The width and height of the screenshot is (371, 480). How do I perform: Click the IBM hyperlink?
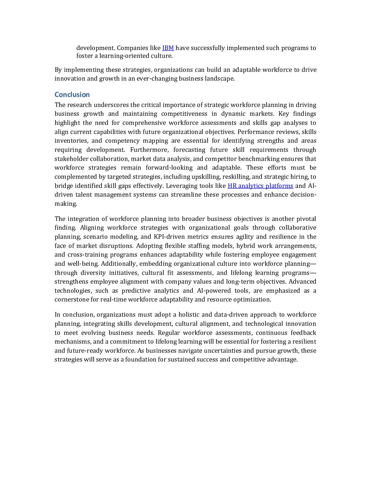click(168, 48)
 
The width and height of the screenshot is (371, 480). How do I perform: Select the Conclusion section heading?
click(72, 95)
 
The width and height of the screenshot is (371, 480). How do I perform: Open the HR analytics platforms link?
click(260, 186)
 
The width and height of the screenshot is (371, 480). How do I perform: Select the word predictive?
click(135, 291)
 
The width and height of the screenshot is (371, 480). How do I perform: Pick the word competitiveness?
click(184, 114)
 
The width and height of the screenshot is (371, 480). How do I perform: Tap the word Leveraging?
click(181, 186)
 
